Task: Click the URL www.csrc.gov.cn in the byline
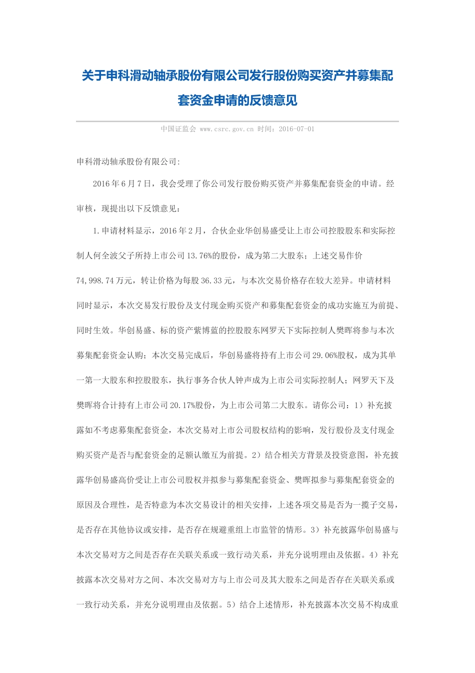click(226, 129)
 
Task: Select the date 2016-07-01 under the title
click(296, 129)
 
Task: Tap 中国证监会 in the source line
click(178, 129)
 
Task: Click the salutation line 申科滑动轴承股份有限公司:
click(128, 162)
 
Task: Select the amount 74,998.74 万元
click(104, 281)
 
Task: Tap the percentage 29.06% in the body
click(325, 356)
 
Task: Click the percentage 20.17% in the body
click(182, 406)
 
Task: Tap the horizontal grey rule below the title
click(237, 121)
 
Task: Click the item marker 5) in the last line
click(231, 605)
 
